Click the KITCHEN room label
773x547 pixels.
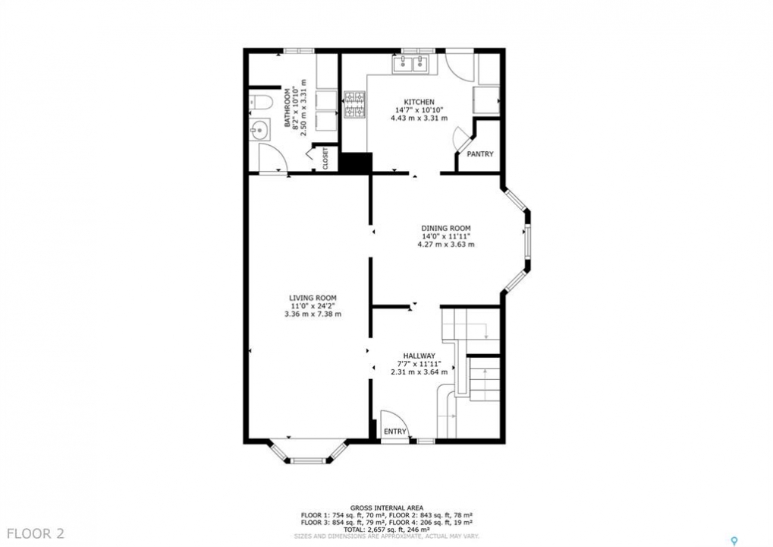[419, 102]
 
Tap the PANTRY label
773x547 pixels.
[479, 154]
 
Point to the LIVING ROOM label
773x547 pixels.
[313, 298]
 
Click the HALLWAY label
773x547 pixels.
[419, 356]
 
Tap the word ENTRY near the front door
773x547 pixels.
[395, 432]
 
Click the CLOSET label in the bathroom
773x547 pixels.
[325, 159]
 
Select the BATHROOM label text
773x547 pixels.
[288, 108]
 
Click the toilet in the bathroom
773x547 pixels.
[260, 103]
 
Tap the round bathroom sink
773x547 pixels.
[259, 131]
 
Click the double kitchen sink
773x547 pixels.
[411, 64]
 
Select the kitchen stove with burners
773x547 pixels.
[354, 105]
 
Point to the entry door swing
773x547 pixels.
[401, 418]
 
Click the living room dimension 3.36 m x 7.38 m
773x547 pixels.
[313, 314]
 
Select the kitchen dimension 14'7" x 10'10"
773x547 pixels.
[419, 110]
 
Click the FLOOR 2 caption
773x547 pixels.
[36, 533]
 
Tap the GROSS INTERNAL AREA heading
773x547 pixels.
[387, 507]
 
